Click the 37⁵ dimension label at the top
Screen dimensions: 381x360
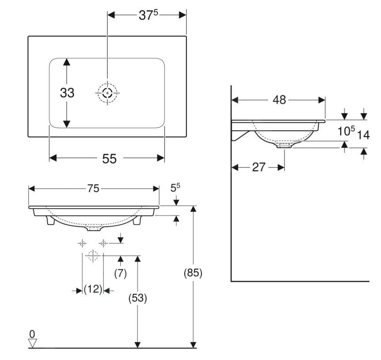coord(148,15)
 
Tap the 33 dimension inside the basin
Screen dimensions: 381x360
coord(67,93)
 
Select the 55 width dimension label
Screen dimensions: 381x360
coord(109,159)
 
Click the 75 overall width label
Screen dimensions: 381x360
coord(93,188)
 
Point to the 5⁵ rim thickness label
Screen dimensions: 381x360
coord(175,188)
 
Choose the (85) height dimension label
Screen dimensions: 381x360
coord(193,273)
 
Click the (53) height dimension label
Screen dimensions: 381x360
coord(137,298)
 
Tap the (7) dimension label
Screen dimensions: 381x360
coord(121,273)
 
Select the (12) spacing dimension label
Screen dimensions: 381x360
coord(93,289)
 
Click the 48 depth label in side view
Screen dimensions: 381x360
coord(279,100)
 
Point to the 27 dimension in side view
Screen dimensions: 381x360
coord(259,167)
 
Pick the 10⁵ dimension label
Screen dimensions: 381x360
coord(346,131)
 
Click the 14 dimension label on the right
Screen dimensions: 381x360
coord(363,135)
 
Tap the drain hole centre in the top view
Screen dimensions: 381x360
coord(107,93)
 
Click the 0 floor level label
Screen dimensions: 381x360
coord(32,334)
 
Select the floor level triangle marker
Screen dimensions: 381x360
coord(32,344)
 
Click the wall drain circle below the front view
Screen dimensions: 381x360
coord(93,256)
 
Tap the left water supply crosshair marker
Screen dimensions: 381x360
coord(82,243)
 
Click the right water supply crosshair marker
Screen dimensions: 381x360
coord(103,243)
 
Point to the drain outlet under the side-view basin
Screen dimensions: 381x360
coord(284,145)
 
